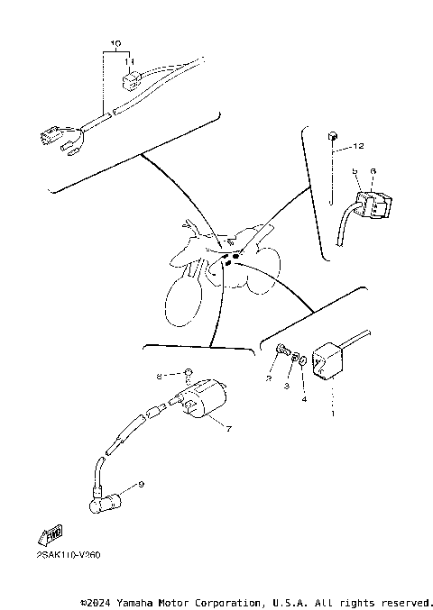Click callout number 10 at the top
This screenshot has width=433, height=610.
point(115,43)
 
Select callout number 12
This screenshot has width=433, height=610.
point(359,146)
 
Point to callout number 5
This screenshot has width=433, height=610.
point(355,170)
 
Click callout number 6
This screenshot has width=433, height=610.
point(372,170)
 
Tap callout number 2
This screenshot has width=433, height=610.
point(269,379)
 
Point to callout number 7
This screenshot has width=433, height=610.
point(228,429)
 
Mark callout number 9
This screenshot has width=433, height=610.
point(141,485)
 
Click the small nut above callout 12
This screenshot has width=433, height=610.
point(334,135)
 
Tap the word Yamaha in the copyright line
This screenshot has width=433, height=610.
point(148,601)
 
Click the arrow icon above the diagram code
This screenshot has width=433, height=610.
point(51,535)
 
